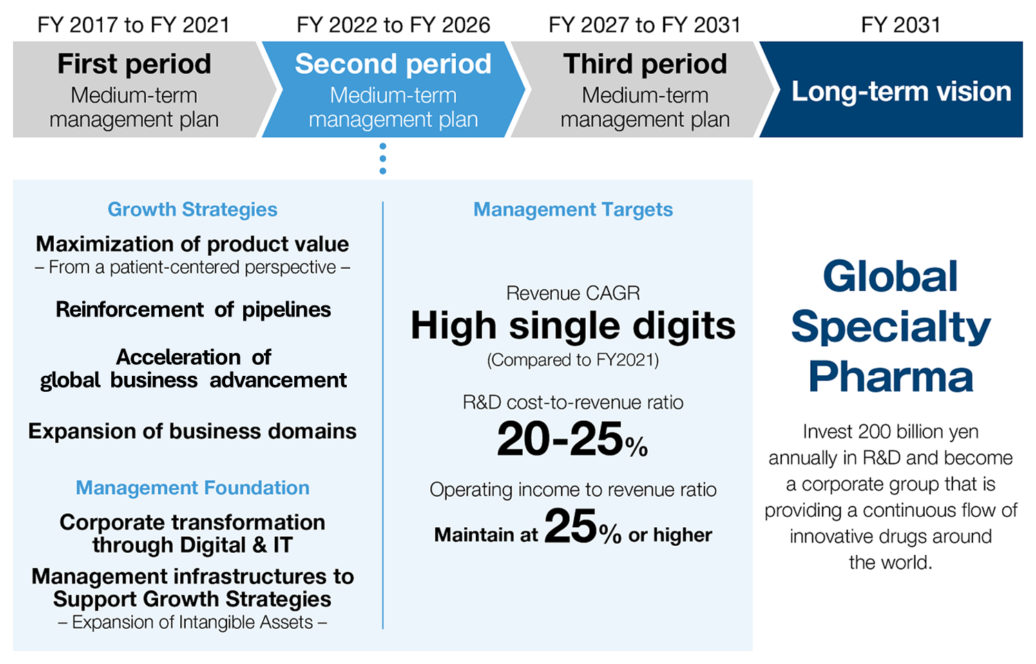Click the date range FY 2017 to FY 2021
(x=133, y=25)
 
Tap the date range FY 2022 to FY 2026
(x=393, y=25)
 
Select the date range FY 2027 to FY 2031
(x=644, y=25)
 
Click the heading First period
(x=134, y=64)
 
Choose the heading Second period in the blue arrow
(x=393, y=64)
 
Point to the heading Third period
(x=645, y=64)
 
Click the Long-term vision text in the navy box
(x=901, y=91)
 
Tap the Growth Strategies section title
(x=193, y=209)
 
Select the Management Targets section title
(x=573, y=209)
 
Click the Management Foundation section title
(x=193, y=488)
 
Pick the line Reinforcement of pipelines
(x=193, y=310)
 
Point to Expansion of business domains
(x=193, y=431)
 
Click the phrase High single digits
(x=573, y=325)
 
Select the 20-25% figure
(x=573, y=439)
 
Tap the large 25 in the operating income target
(x=570, y=526)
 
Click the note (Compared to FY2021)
(x=573, y=360)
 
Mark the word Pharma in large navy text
(x=891, y=377)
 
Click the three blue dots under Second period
(x=383, y=159)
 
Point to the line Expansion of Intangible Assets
(x=193, y=623)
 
